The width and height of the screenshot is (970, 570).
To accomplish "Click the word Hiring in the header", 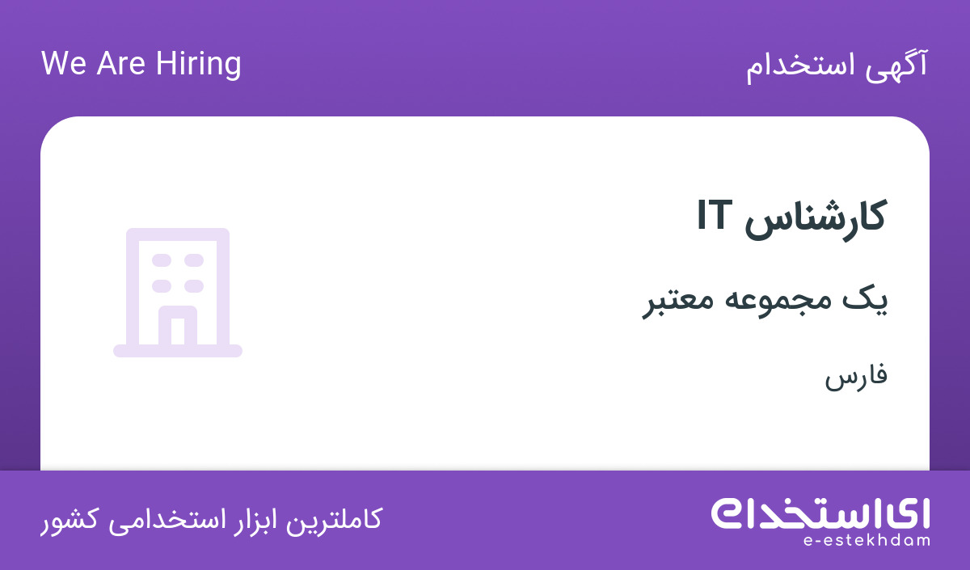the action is tap(198, 65).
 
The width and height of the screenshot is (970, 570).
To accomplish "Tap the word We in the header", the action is tap(64, 64).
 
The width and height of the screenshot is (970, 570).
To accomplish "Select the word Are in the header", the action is tap(120, 64).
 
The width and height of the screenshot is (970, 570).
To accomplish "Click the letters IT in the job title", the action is tap(715, 215).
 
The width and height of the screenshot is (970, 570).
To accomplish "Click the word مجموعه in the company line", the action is tap(772, 302).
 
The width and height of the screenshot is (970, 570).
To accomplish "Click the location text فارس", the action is tap(856, 377).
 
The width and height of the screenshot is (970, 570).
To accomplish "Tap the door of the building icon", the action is tap(178, 325).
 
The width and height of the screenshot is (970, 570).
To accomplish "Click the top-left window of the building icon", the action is tap(162, 260).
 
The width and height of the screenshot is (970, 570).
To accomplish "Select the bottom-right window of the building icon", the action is tap(194, 286).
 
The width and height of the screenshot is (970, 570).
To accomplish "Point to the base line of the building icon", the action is tap(178, 351).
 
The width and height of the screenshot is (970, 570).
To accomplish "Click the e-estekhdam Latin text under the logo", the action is tap(867, 541).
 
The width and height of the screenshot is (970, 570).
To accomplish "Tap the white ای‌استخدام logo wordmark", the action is tap(820, 514).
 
